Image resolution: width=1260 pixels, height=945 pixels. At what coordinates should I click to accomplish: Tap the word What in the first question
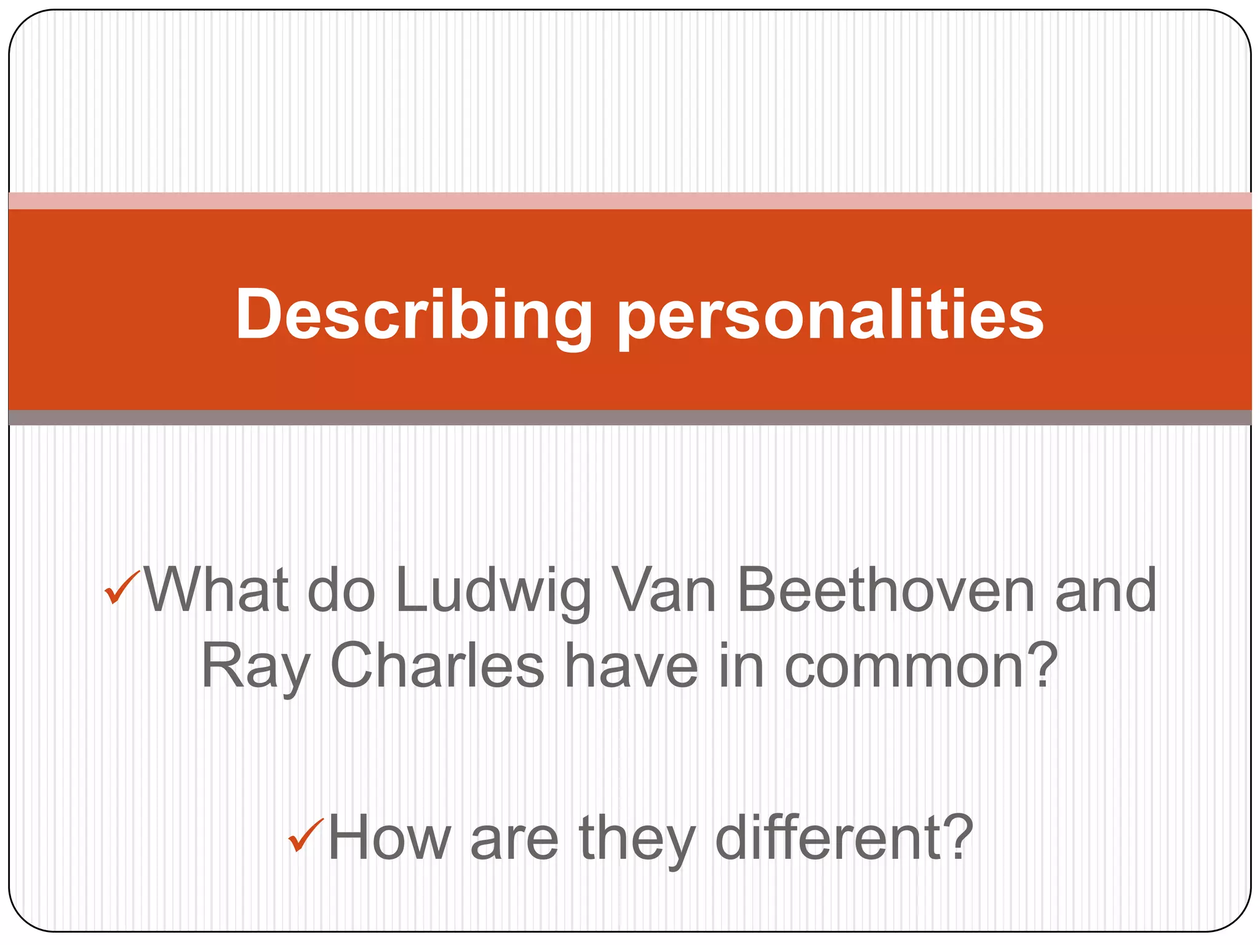point(215,591)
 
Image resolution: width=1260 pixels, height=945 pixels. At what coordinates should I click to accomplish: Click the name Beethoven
point(886,591)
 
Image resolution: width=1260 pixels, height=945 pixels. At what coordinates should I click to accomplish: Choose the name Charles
point(437,666)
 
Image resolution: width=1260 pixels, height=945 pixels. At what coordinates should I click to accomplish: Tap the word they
point(637,839)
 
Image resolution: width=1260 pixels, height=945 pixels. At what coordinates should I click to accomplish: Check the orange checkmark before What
point(122,588)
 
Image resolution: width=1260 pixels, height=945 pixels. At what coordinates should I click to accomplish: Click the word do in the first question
point(341,591)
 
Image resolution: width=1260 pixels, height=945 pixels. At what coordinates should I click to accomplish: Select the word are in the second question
point(514,840)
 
